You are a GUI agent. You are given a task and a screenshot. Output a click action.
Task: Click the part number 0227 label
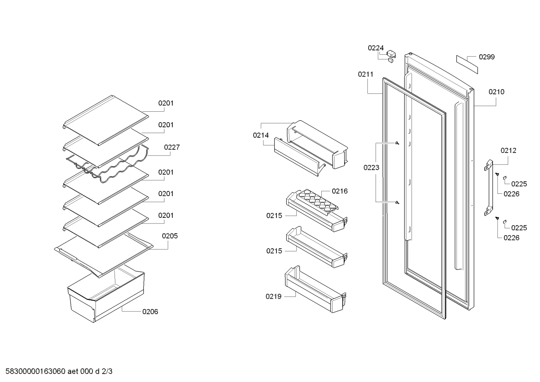coord(172,147)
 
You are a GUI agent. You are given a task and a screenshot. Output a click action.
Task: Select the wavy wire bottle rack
coord(107,167)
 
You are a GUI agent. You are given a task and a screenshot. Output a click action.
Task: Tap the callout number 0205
coord(170,236)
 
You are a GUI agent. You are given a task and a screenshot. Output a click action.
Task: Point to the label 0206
coord(150,312)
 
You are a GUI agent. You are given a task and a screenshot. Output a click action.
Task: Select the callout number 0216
coord(340,191)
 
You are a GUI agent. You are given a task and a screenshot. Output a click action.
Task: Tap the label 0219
coord(273,296)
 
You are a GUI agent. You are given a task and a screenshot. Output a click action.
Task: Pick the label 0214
coord(261,135)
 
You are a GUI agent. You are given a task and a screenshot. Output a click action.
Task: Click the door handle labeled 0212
coord(489,187)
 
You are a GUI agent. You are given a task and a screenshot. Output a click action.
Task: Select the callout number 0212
coord(509,151)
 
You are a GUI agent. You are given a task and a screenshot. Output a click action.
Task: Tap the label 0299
coord(487,57)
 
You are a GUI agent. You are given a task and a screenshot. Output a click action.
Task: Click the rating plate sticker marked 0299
coord(467,64)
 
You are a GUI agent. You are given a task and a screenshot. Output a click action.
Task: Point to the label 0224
coord(376,48)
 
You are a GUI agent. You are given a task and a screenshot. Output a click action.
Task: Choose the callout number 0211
coord(365,74)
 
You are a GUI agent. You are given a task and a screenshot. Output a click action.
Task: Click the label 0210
coord(496,92)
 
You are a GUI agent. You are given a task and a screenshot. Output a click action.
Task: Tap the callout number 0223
coord(371,168)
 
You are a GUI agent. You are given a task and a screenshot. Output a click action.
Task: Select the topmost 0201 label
coord(166,103)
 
